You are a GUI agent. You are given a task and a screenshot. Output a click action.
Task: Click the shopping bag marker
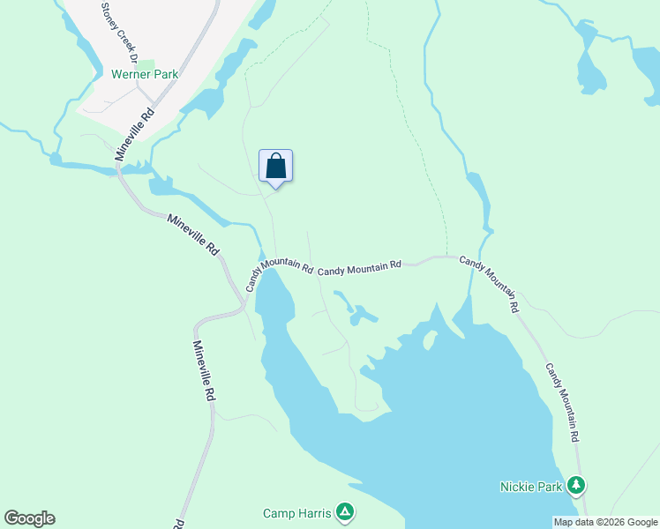click(x=275, y=166)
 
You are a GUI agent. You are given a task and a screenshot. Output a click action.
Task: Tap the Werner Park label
click(x=145, y=74)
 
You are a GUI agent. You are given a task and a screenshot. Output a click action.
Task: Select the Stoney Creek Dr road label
click(x=118, y=32)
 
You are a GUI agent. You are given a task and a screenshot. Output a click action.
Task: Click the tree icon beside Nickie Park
click(x=576, y=485)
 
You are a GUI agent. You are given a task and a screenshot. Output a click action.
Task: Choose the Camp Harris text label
click(x=297, y=512)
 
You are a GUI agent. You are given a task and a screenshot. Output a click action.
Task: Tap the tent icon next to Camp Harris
click(x=345, y=511)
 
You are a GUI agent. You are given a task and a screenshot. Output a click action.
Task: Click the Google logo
click(x=29, y=518)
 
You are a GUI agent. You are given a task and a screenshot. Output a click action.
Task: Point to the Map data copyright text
click(x=605, y=522)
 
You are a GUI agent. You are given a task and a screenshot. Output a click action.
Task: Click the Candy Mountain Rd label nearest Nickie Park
click(x=561, y=402)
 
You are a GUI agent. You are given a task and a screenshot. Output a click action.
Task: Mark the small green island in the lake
click(x=430, y=340)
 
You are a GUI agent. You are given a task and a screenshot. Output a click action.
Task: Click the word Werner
click(x=131, y=74)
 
